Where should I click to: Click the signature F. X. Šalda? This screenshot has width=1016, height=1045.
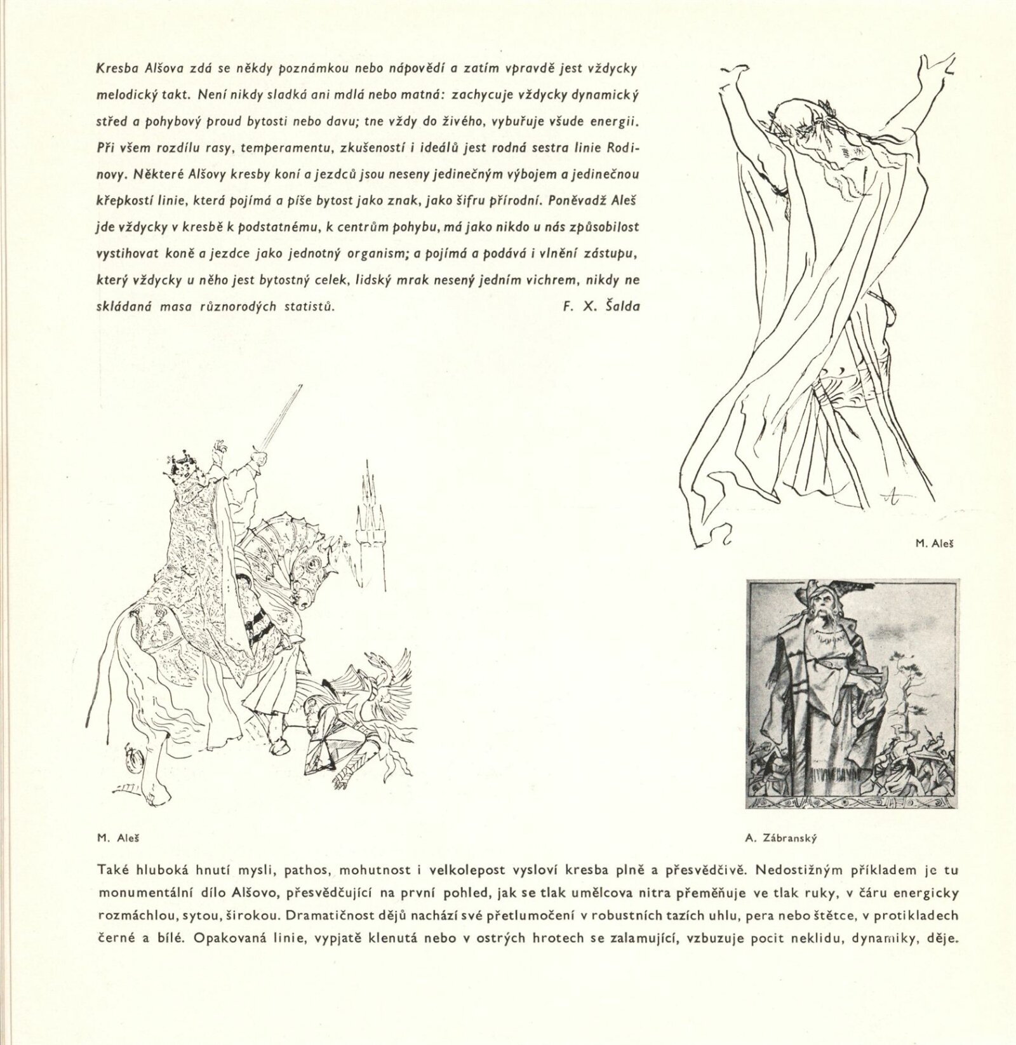coord(601,306)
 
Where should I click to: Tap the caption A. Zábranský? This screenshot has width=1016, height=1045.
coord(780,838)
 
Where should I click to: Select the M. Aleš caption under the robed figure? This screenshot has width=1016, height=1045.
coord(935,544)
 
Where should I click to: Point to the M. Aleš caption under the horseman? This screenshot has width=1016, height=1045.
coord(118,838)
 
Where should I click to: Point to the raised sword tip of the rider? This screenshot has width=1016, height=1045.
coord(300,389)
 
